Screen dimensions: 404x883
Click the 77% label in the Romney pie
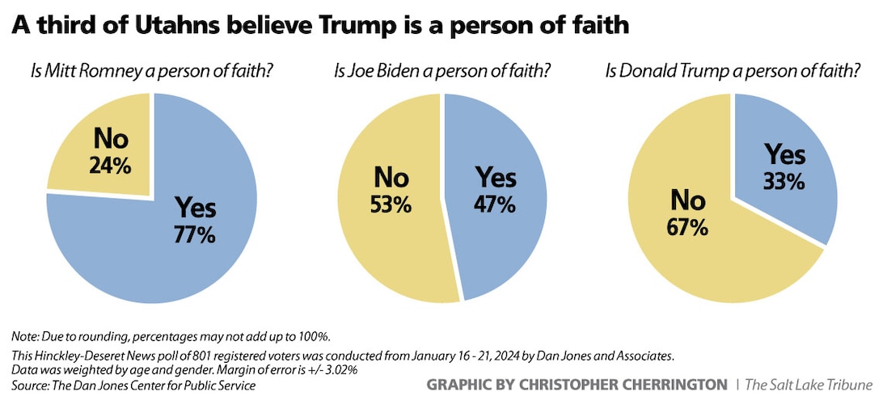tap(195, 235)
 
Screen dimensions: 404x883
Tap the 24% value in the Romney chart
tap(111, 168)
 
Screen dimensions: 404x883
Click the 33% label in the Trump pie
tap(784, 181)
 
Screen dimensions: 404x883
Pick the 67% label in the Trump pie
tap(688, 226)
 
